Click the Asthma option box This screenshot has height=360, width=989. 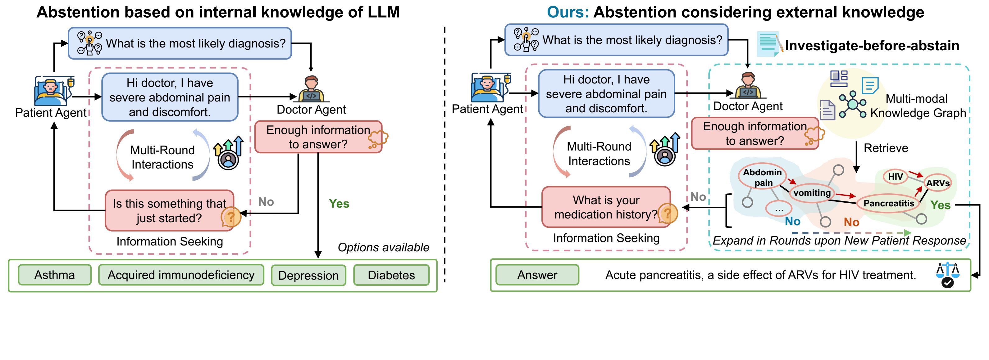coord(55,275)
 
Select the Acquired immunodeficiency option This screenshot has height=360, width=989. coord(181,275)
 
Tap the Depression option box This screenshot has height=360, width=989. coord(308,275)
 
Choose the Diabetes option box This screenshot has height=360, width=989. coord(391,275)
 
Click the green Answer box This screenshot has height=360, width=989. coord(537,275)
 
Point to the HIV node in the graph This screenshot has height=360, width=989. coord(895,177)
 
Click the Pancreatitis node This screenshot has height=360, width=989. coord(888,203)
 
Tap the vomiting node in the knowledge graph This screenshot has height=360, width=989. coord(812,193)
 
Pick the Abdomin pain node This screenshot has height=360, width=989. coord(763,177)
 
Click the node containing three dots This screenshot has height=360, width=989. coord(779,209)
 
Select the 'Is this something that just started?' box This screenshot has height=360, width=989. coord(169,211)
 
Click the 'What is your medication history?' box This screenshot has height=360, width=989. coord(606,207)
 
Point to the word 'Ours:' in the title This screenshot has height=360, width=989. coord(567,12)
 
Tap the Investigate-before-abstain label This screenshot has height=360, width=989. coord(872,46)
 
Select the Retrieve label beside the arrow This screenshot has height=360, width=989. coord(886,148)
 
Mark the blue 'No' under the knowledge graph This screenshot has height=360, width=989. coord(792,222)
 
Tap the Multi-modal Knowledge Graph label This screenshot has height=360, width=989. coord(917,106)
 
